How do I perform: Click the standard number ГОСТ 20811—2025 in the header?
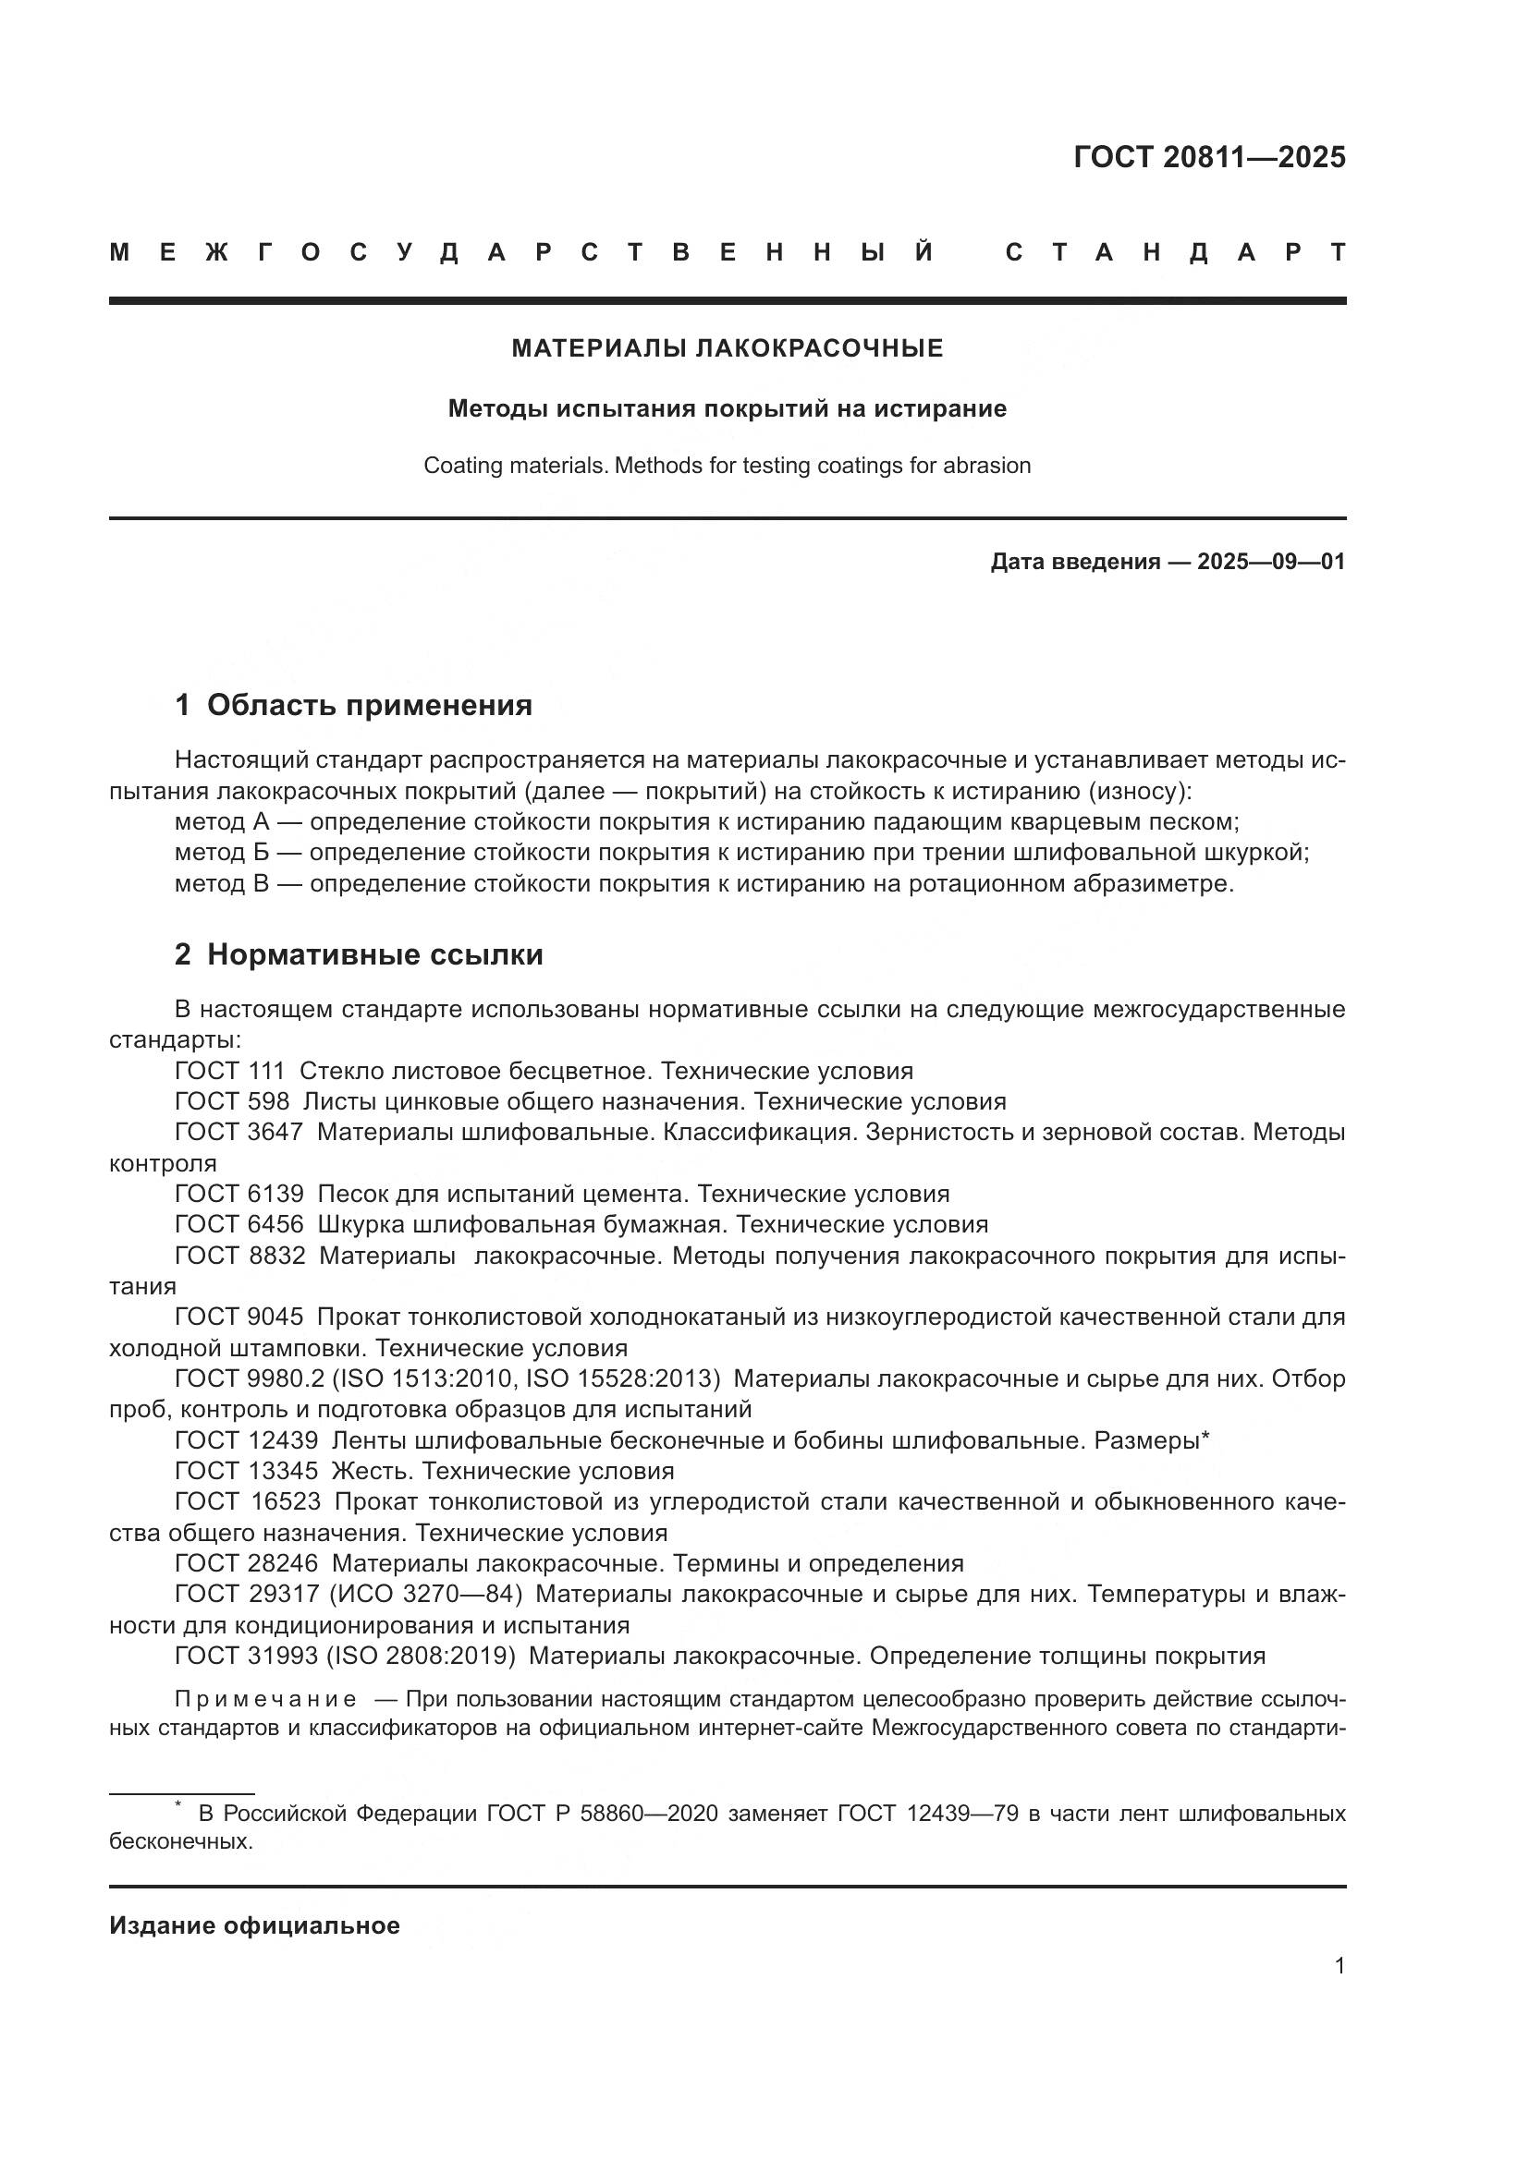point(1209,157)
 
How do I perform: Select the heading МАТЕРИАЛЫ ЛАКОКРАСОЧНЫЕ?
point(727,349)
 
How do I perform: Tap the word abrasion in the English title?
point(991,465)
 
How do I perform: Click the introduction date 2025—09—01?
point(1271,562)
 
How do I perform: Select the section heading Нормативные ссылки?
point(374,954)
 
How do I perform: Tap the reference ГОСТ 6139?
point(239,1194)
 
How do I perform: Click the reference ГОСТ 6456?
point(239,1224)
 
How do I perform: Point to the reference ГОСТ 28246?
point(246,1563)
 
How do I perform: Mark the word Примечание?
point(265,1699)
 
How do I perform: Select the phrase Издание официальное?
point(254,1925)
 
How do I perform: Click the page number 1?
point(1339,1965)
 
